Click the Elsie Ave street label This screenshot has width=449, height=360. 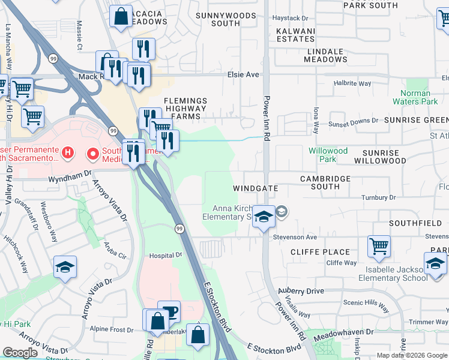pos(243,74)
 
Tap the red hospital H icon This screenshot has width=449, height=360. pos(68,154)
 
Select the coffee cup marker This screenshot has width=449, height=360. pos(169,311)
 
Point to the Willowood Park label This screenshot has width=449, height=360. pos(328,155)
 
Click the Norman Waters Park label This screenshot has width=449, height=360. pos(415,97)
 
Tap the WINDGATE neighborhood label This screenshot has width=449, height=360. pos(256,188)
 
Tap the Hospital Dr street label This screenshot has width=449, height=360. pos(166,255)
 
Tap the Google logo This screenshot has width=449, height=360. pos(20,353)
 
